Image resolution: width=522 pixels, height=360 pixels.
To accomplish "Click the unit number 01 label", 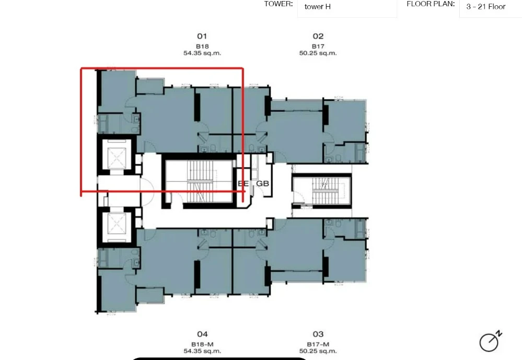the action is (202, 36).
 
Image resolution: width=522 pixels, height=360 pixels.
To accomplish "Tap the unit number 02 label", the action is (318, 36).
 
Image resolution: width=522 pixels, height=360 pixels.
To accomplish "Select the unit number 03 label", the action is (318, 334).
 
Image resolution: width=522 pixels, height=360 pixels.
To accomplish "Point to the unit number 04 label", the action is (202, 334).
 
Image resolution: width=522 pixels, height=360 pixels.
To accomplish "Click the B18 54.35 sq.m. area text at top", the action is (202, 50).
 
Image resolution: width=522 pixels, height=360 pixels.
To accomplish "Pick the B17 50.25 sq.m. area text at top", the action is (318, 50).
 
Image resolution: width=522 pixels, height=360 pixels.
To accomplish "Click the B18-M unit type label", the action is (202, 344).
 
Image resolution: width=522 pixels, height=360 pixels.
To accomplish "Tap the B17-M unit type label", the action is (318, 344).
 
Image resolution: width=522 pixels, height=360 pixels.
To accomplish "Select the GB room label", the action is (262, 183).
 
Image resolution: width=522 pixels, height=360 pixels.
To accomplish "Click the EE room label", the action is (243, 183).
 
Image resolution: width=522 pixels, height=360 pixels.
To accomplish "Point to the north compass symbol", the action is (490, 341).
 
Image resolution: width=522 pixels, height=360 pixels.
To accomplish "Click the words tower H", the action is (318, 7).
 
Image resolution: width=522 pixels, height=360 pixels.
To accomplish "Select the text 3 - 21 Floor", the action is (486, 7).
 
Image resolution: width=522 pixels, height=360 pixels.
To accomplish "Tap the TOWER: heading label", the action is (279, 4).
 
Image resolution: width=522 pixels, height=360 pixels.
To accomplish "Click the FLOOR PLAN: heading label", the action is (431, 4).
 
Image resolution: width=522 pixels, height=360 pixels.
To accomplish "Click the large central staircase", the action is (200, 181).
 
